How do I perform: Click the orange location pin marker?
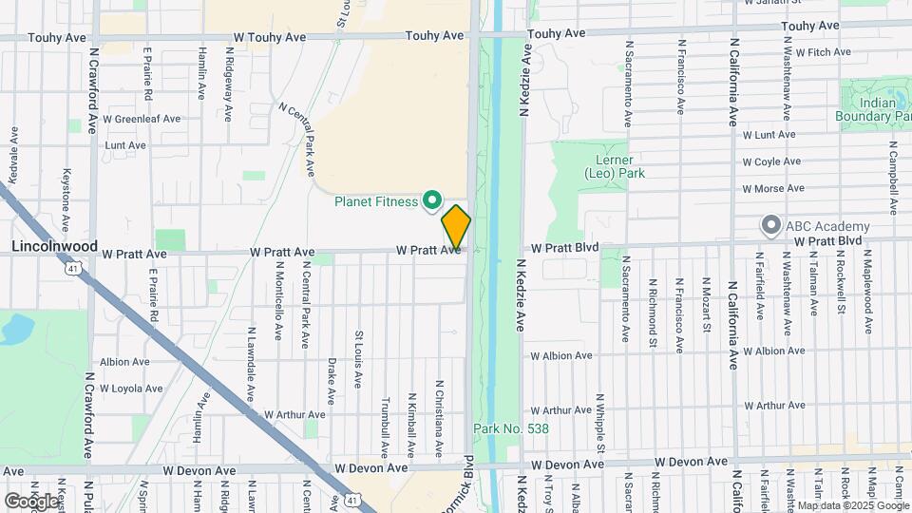click(456, 228)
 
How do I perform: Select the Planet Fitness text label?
click(376, 201)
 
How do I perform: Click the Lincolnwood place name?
click(54, 246)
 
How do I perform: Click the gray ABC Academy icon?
click(770, 226)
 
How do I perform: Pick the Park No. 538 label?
click(511, 429)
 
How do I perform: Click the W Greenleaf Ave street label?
click(142, 120)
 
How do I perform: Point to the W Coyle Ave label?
click(772, 162)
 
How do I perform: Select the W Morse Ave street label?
click(773, 189)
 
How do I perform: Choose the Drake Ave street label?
click(332, 379)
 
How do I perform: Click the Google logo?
click(31, 501)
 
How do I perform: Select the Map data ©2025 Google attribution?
click(852, 505)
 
